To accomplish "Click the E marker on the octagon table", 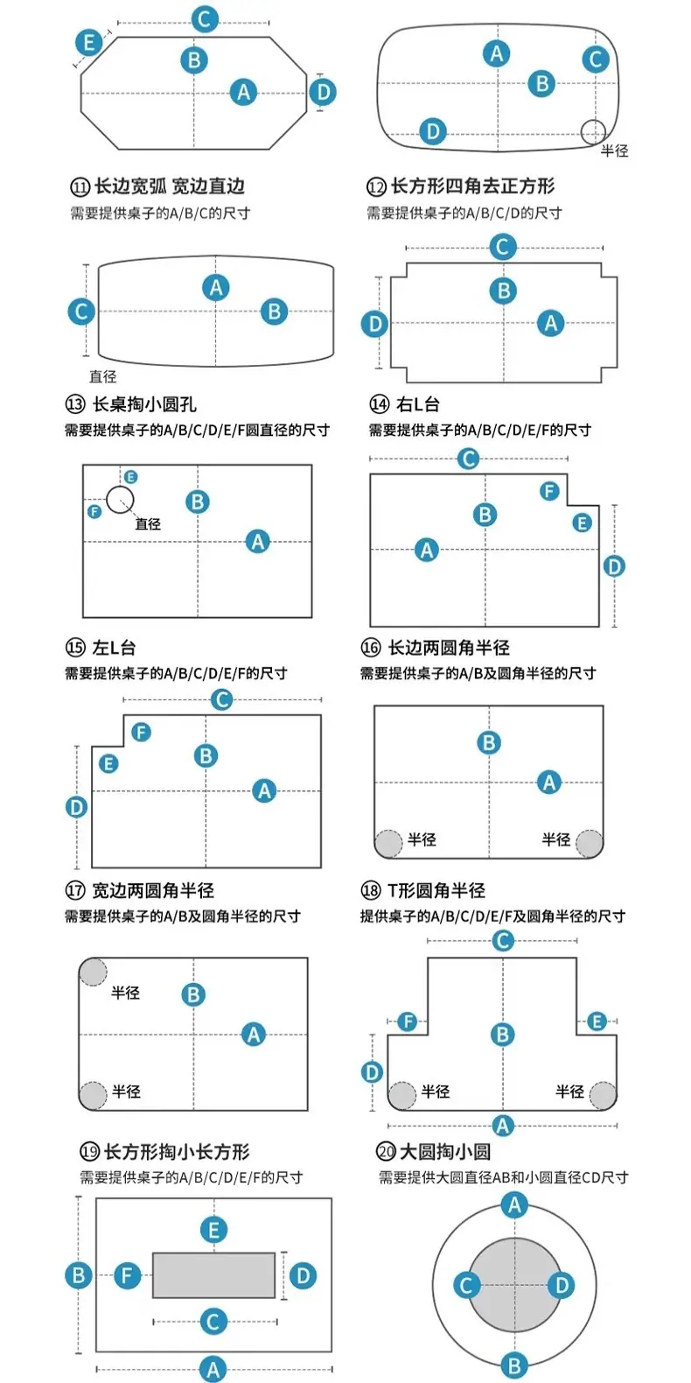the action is pyautogui.click(x=89, y=43).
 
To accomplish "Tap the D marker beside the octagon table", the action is pyautogui.click(x=324, y=93).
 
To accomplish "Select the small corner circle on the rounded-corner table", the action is pyautogui.click(x=593, y=131).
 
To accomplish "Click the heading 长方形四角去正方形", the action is pyautogui.click(x=472, y=186).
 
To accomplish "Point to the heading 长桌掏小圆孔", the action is pyautogui.click(x=144, y=404).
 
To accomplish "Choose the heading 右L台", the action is pyautogui.click(x=418, y=404).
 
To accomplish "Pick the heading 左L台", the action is pyautogui.click(x=114, y=648).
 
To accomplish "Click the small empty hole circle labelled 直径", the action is pyautogui.click(x=120, y=500).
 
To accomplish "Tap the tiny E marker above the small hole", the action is pyautogui.click(x=130, y=477).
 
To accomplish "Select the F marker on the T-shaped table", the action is pyautogui.click(x=408, y=1021).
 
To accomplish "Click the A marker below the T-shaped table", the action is pyautogui.click(x=503, y=1125).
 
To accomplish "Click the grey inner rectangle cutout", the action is pyautogui.click(x=213, y=1275).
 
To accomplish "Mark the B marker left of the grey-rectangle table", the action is pyautogui.click(x=79, y=1275).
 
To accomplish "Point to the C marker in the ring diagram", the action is pyautogui.click(x=466, y=1285).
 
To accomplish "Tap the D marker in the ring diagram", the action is pyautogui.click(x=562, y=1285).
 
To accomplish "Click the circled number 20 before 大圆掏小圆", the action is pyautogui.click(x=387, y=1151).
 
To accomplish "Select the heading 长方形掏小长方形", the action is pyautogui.click(x=177, y=1151).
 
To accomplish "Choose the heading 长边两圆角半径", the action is pyautogui.click(x=449, y=648).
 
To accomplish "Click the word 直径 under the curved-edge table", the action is pyautogui.click(x=103, y=376).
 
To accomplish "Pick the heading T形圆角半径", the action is pyautogui.click(x=436, y=890).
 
